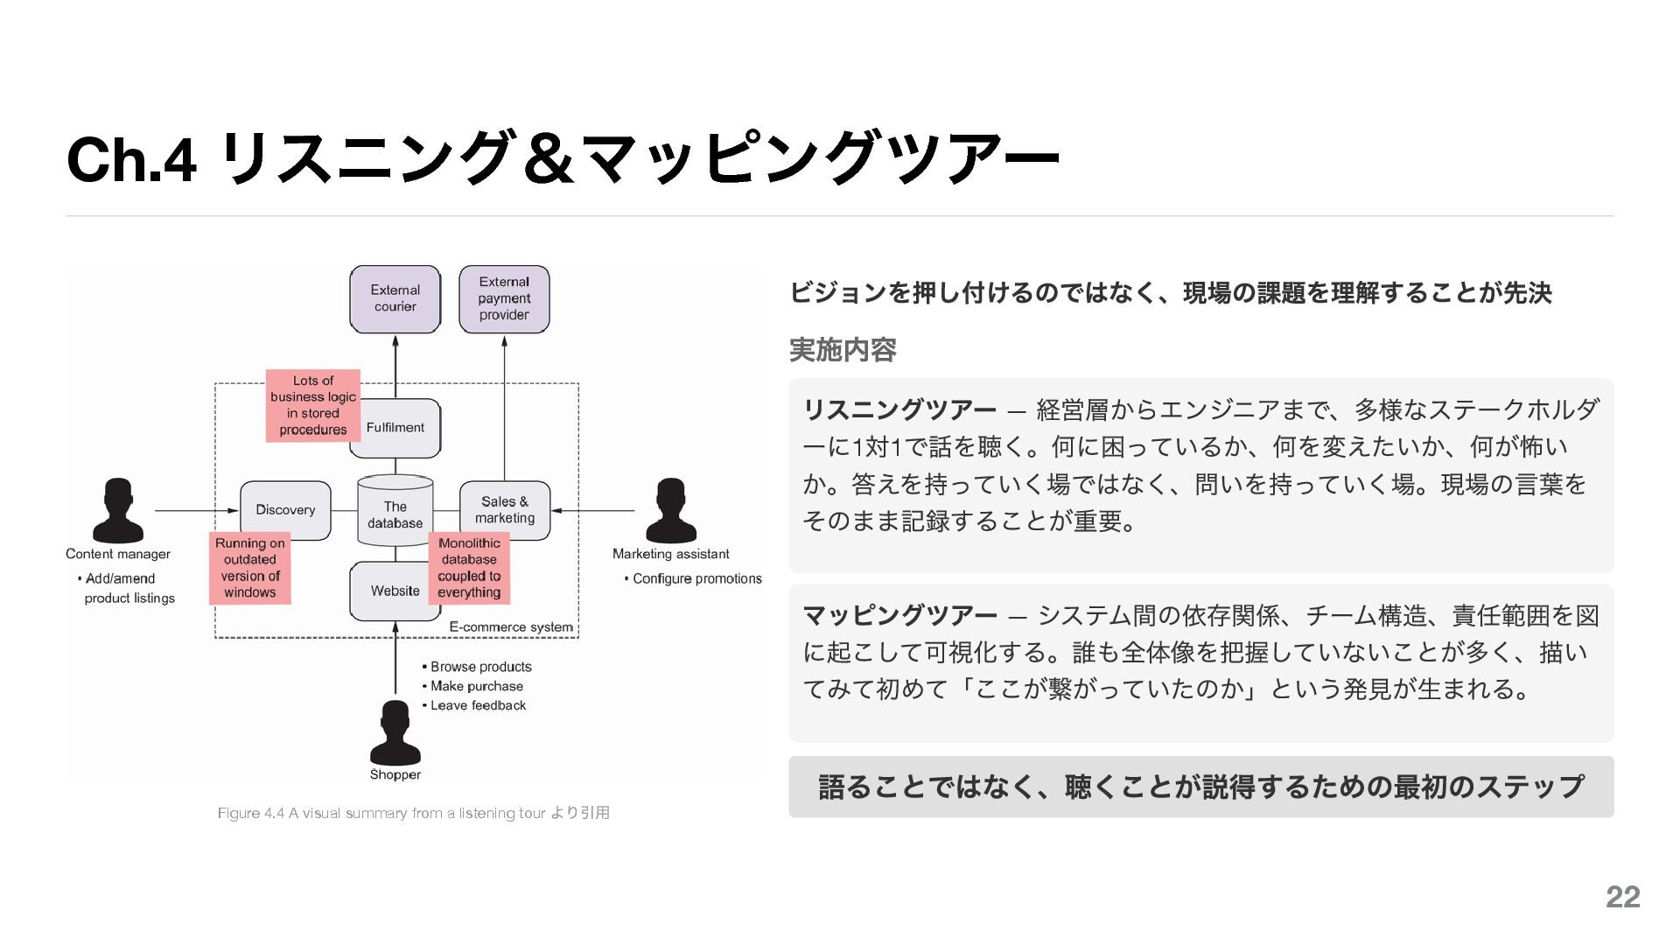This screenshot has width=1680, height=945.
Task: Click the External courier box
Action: (395, 299)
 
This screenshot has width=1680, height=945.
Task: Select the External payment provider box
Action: (504, 299)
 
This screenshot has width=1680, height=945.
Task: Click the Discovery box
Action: (285, 510)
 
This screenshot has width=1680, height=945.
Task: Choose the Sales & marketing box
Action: (505, 509)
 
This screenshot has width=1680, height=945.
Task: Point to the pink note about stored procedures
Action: (312, 405)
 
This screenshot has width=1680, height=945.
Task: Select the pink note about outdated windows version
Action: (249, 568)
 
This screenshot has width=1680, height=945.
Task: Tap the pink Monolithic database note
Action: (469, 568)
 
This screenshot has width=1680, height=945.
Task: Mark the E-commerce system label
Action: (511, 627)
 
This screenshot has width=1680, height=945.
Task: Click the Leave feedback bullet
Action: (478, 706)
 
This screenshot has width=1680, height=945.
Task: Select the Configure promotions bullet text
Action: (696, 579)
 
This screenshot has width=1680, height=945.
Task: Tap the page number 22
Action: (1622, 897)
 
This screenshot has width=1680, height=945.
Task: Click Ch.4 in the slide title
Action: (131, 160)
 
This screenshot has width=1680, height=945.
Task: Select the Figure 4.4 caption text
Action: (414, 813)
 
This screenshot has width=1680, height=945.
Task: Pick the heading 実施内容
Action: (843, 350)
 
